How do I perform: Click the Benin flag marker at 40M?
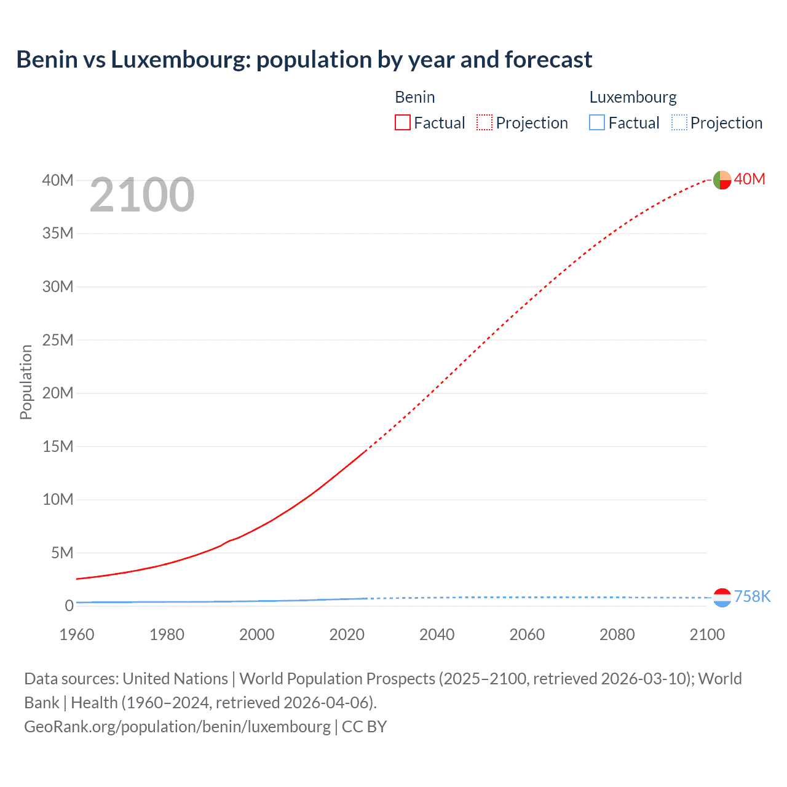pyautogui.click(x=722, y=180)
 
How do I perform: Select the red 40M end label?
pyautogui.click(x=749, y=179)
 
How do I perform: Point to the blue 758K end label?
pyautogui.click(x=752, y=596)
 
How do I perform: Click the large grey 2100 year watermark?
pyautogui.click(x=142, y=195)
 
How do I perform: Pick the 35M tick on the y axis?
pyautogui.click(x=58, y=233)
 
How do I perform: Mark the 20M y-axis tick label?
pyautogui.click(x=58, y=393)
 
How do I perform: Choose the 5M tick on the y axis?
pyautogui.click(x=61, y=553)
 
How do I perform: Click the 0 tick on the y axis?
pyautogui.click(x=69, y=606)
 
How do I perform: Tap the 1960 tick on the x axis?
pyautogui.click(x=77, y=635)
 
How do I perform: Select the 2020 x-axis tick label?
pyautogui.click(x=347, y=635)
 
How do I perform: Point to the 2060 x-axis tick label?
pyautogui.click(x=527, y=635)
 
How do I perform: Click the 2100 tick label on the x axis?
pyautogui.click(x=707, y=635)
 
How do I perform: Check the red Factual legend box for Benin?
pyautogui.click(x=403, y=122)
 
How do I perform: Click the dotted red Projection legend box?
pyautogui.click(x=484, y=122)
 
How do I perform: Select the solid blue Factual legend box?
pyautogui.click(x=597, y=122)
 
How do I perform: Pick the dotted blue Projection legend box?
pyautogui.click(x=679, y=122)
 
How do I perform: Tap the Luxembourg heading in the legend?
pyautogui.click(x=633, y=97)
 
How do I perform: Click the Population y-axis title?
pyautogui.click(x=26, y=382)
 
